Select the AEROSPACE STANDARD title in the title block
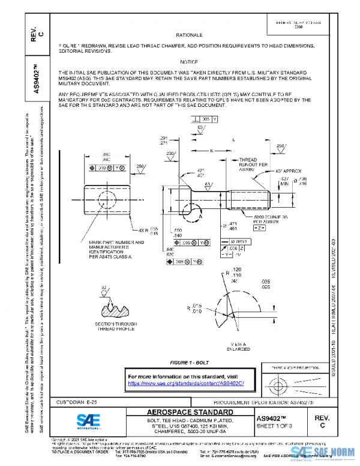pyautogui.click(x=182, y=413)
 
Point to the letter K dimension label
pyautogui.click(x=211, y=150)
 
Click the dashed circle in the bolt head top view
pyautogui.click(x=105, y=199)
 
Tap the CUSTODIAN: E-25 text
pyautogui.click(x=63, y=401)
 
